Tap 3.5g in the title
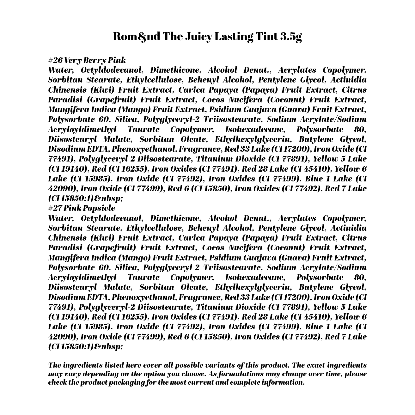pos(291,36)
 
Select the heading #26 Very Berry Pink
pos(87,60)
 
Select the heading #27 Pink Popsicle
pos(82,208)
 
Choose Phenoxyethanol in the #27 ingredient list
pos(145,297)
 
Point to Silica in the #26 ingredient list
pos(126,119)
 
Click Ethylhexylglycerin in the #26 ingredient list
pos(252,139)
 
